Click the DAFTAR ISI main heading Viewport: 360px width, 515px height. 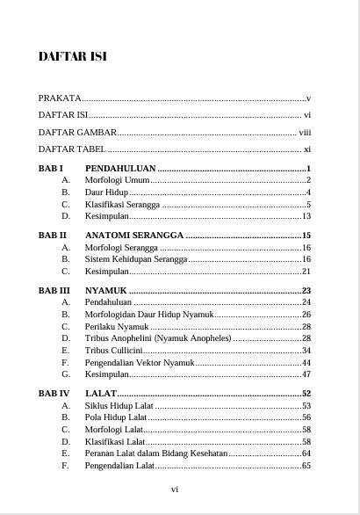(72, 57)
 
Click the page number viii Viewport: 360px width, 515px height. (305, 132)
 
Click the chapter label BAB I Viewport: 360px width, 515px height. (51, 167)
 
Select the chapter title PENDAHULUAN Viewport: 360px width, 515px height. (120, 167)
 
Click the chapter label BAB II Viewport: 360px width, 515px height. (53, 236)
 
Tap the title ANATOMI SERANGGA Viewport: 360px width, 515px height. (133, 236)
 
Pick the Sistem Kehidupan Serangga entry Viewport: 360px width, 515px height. (136, 259)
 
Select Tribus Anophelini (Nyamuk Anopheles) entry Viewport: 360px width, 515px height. (158, 338)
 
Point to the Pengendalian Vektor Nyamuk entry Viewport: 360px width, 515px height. (139, 362)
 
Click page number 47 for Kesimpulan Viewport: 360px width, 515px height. (306, 374)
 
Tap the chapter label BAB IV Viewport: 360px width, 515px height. (54, 394)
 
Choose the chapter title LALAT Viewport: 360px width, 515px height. (100, 394)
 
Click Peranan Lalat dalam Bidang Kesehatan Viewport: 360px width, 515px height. (155, 453)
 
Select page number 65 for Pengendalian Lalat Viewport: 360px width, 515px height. (306, 466)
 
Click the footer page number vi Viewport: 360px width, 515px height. (175, 490)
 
